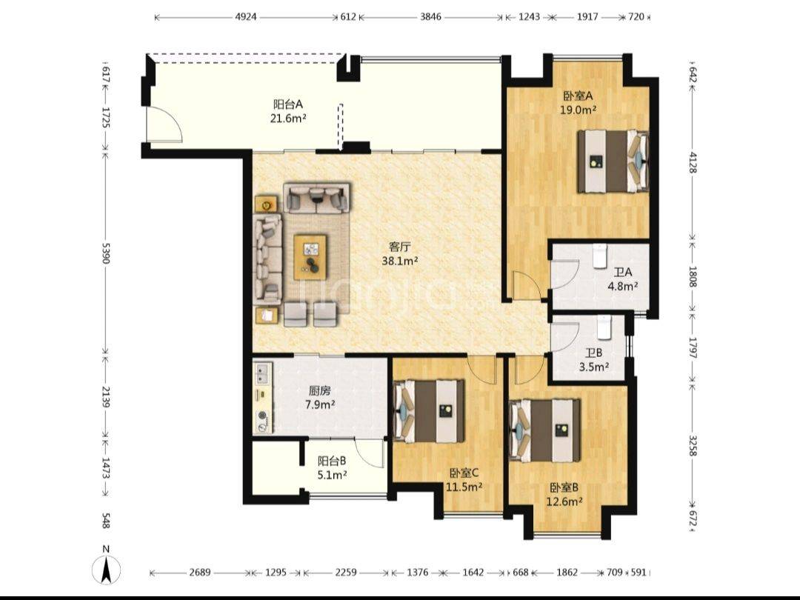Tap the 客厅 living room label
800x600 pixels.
[400, 247]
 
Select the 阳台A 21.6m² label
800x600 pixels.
[288, 111]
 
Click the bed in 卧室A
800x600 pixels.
[613, 161]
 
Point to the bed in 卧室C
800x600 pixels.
[430, 410]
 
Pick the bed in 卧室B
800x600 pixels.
[545, 430]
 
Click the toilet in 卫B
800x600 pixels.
[604, 327]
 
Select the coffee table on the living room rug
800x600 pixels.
[310, 256]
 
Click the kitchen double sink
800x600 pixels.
[263, 373]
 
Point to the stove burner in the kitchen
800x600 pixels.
[263, 415]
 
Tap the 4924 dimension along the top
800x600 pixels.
[245, 17]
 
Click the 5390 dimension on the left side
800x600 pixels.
[106, 253]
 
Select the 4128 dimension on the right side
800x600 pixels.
[693, 162]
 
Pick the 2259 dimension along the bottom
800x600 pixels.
[345, 573]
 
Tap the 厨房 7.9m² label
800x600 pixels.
[320, 398]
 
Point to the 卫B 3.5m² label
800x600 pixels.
[593, 360]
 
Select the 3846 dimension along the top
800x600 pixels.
[430, 17]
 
